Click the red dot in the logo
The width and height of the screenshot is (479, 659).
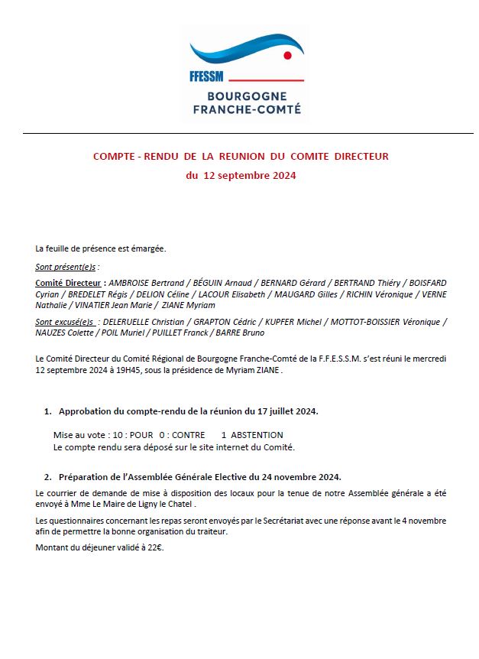(287, 55)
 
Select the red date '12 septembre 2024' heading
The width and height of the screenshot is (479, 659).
(241, 175)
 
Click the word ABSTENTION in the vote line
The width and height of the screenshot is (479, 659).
(257, 435)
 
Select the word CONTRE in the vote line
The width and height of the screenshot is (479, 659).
(188, 435)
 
